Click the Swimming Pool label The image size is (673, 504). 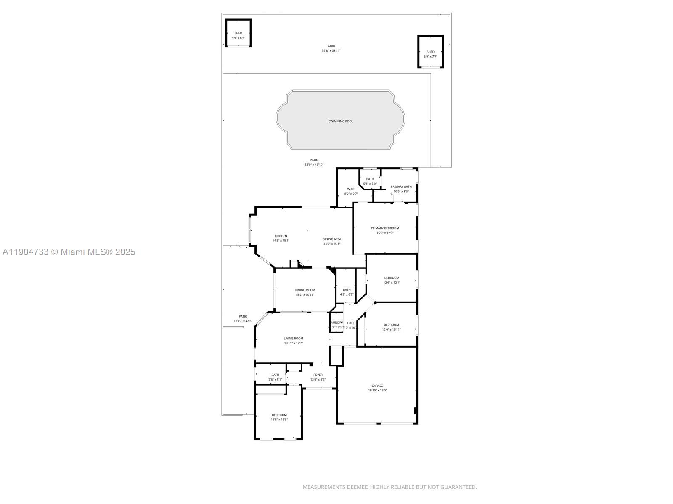[341, 121]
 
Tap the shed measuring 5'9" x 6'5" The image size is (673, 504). [238, 35]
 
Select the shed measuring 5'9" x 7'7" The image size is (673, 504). [430, 54]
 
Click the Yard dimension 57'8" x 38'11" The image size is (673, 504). [331, 51]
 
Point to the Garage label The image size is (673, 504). [377, 386]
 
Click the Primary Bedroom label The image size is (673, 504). [385, 228]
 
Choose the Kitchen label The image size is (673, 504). [281, 236]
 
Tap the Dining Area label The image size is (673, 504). [332, 239]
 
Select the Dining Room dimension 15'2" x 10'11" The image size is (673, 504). [305, 295]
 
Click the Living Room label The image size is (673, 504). [293, 338]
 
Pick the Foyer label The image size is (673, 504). [318, 375]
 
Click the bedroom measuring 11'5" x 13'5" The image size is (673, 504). [279, 417]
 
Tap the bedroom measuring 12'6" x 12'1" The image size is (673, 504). [392, 280]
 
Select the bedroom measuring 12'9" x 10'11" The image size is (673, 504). [391, 327]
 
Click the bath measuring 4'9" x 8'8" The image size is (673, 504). [347, 292]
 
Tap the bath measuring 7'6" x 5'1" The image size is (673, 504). [275, 377]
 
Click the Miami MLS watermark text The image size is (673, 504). [69, 252]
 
